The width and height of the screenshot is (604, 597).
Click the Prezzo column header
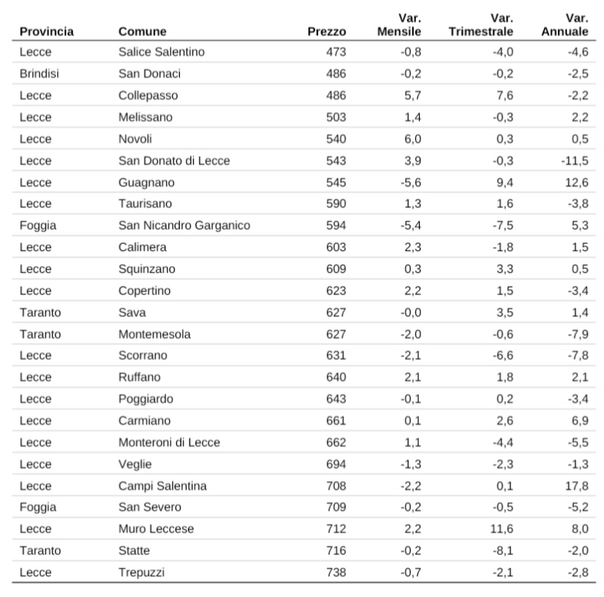326,32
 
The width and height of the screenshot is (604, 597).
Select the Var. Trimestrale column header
481,25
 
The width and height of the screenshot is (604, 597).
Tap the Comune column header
142,32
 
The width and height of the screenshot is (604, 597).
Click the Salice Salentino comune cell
162,52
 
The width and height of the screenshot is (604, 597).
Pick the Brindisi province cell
39,74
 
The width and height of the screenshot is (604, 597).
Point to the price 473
336,52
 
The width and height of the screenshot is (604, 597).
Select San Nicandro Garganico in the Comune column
184,225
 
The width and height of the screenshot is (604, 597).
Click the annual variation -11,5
575,161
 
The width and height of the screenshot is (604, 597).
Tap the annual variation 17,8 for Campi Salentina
577,486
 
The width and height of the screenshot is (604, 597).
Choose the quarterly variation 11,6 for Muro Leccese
502,528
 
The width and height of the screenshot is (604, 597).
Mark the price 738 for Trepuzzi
336,572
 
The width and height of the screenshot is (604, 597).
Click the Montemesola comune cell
154,334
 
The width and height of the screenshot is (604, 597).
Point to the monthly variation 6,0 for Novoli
412,139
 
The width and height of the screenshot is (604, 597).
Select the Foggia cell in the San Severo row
38,507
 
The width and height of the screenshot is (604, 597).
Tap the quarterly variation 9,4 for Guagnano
505,182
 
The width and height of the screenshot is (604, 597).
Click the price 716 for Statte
336,550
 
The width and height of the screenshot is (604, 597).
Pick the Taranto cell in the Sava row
40,312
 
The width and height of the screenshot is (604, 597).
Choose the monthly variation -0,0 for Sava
411,312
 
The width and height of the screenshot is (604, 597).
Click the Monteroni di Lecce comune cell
169,443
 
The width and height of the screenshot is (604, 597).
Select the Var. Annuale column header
565,25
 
